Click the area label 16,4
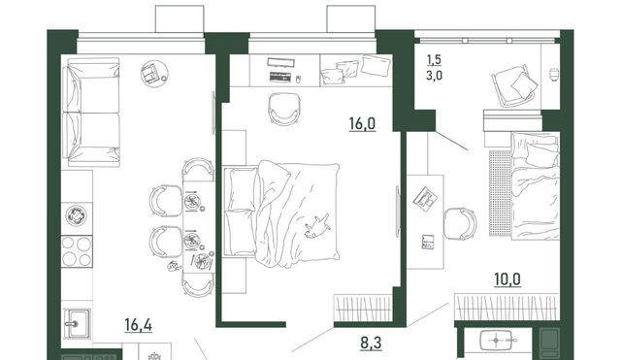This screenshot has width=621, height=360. tap(138, 325)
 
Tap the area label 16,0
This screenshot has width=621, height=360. tap(362, 124)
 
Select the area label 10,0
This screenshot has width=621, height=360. tap(507, 279)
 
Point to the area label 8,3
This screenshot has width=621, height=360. tap(371, 343)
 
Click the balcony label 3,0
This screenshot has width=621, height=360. tap(434, 76)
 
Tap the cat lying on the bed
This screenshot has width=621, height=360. tap(317, 227)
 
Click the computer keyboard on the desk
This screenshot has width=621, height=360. tap(281, 77)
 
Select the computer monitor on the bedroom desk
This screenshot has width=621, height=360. tap(280, 62)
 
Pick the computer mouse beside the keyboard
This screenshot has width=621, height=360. tap(299, 80)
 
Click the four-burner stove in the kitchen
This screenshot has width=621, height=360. tap(77, 251)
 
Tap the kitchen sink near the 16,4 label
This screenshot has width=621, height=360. tap(77, 323)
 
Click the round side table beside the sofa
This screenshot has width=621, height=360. tap(154, 74)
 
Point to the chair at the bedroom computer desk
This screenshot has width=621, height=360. tap(284, 109)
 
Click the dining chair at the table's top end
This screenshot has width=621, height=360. tap(198, 167)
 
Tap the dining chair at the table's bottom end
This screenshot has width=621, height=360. tap(198, 286)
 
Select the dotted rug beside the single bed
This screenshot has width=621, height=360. tap(501, 193)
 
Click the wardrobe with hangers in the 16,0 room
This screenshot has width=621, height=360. tap(363, 309)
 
